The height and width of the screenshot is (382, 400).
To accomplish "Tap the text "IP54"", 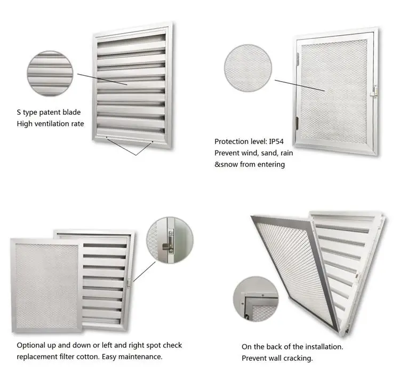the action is click(276, 141).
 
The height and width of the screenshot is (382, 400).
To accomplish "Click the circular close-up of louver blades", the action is click(50, 74).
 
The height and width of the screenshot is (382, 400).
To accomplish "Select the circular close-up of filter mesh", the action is click(248, 68).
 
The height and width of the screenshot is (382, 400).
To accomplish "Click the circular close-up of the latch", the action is click(170, 240).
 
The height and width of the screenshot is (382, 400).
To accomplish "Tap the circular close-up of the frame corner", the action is click(256, 299).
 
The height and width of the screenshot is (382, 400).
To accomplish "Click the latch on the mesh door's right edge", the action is click(375, 91).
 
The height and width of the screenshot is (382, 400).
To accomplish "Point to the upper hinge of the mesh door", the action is click(298, 59).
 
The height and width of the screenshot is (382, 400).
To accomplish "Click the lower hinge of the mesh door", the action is click(297, 123).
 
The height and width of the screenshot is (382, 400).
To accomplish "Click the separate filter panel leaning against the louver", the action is click(46, 286).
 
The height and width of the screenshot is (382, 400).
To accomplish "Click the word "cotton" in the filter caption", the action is click(88, 356).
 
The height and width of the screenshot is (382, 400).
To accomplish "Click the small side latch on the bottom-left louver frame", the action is click(129, 283).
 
